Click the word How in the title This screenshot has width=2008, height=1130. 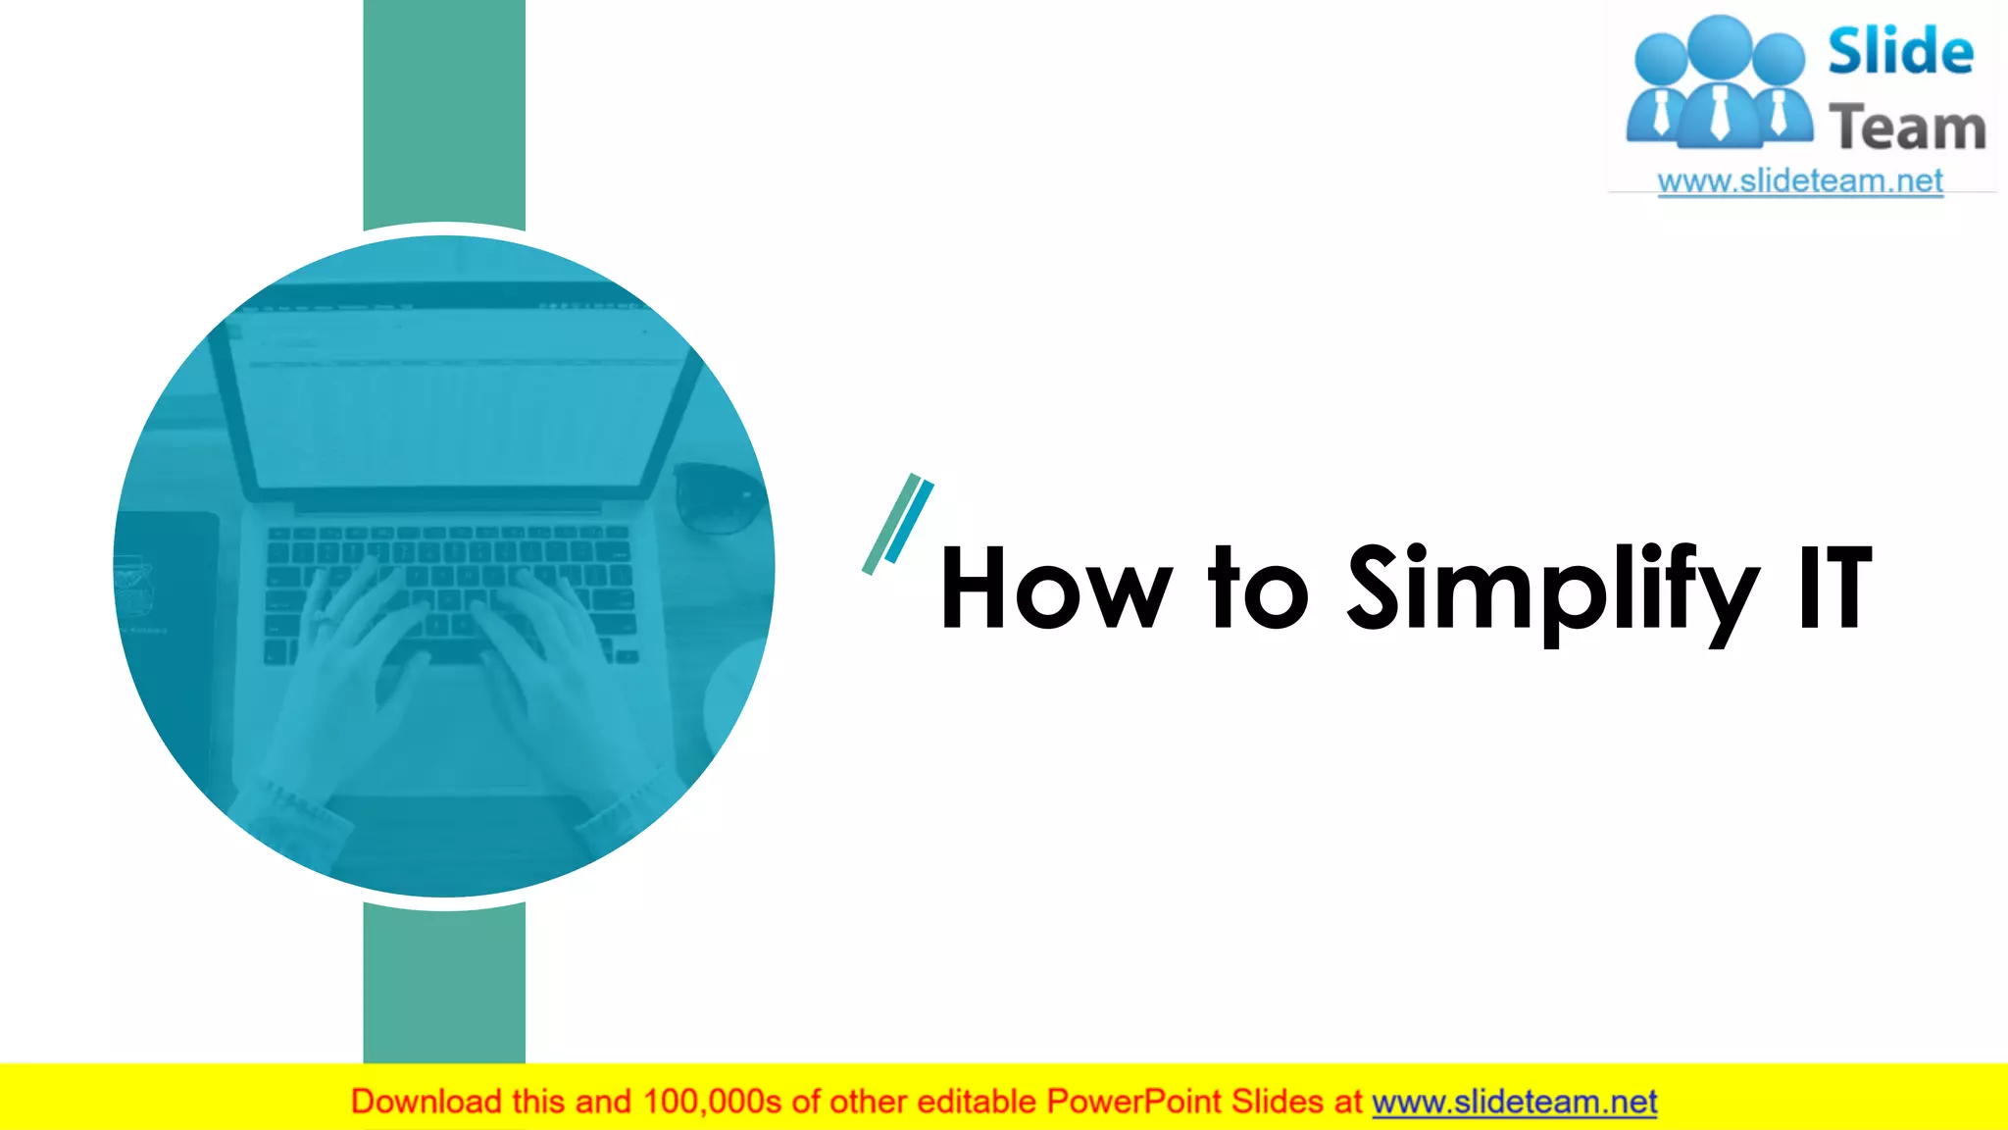pos(1055,590)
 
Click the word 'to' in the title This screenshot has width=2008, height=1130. pos(1259,590)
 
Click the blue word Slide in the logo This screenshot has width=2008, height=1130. pos(1900,52)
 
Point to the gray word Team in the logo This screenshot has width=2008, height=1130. pos(1907,128)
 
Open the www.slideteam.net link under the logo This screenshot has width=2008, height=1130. pos(1800,181)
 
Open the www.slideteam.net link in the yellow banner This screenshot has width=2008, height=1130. pos(1514,1102)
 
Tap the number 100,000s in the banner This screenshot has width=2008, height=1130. pos(712,1102)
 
